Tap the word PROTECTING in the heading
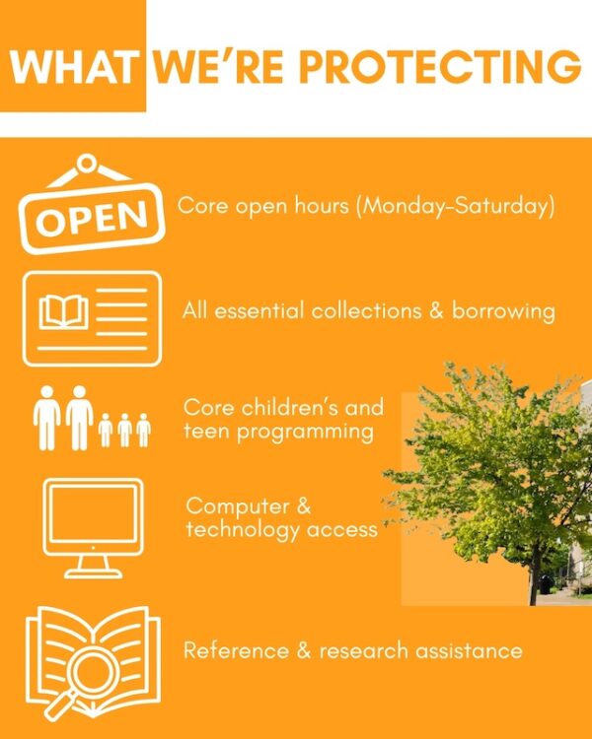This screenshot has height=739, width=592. click(x=440, y=67)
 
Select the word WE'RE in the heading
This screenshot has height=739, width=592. click(x=219, y=67)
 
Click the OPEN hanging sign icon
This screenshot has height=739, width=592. click(x=91, y=205)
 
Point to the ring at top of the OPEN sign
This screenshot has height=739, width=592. click(x=87, y=163)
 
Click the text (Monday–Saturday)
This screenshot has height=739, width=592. click(x=455, y=207)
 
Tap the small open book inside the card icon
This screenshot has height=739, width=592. click(x=64, y=311)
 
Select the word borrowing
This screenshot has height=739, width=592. click(x=503, y=311)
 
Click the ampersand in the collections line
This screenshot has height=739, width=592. click(x=436, y=311)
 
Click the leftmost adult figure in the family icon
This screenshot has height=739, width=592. click(x=46, y=418)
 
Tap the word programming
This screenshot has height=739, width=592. click(x=305, y=433)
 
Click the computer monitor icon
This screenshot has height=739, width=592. click(x=93, y=528)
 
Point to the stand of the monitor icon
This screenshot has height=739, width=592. click(x=93, y=567)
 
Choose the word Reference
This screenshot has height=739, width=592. click(x=236, y=651)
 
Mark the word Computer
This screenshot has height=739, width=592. click(x=238, y=506)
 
